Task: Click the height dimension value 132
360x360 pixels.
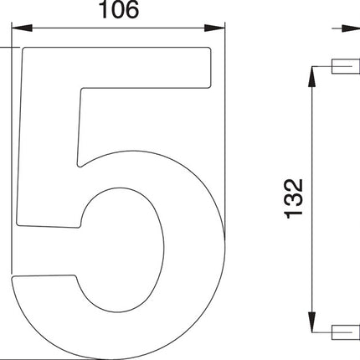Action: tap(293, 198)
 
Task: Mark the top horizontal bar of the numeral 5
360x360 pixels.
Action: tap(117, 67)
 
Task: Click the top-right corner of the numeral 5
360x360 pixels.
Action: tap(208, 50)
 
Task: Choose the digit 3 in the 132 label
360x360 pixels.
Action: tap(293, 198)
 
